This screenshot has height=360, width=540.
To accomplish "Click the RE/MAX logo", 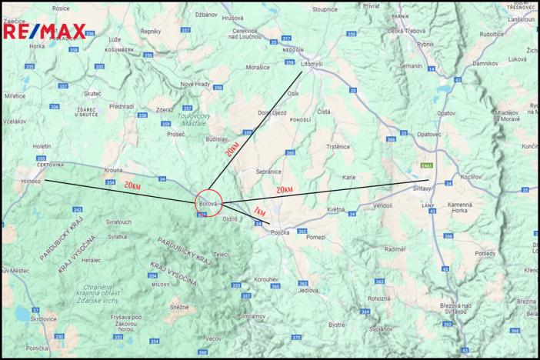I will point(45,32).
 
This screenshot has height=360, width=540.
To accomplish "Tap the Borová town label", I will point(208,203).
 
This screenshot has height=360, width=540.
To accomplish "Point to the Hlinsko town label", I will point(28,181).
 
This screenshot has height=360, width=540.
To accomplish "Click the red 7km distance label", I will point(258,212).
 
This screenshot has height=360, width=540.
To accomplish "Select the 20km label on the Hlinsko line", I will point(133,185).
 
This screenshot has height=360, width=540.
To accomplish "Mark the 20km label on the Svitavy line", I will point(284,189).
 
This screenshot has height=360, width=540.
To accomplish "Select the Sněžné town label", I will point(179,306).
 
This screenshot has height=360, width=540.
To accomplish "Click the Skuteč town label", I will point(93,92).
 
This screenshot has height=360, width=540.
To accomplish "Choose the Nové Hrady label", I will point(195,84).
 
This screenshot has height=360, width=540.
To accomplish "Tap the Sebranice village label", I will point(268,170).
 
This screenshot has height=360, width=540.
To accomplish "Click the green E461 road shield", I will point(425,164).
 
